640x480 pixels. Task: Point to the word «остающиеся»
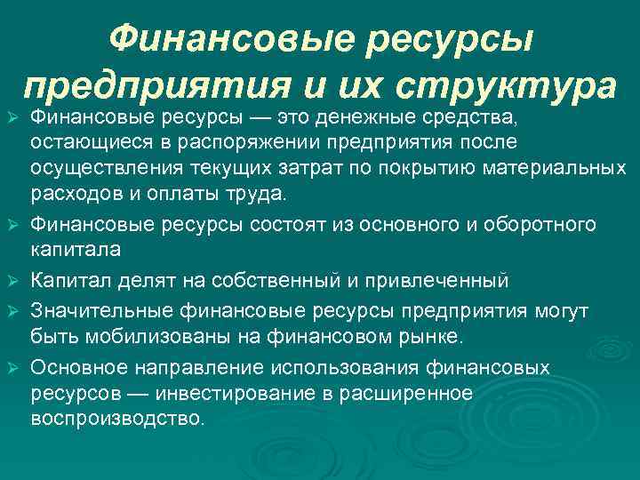tap(85, 142)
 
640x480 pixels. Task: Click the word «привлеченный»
tap(444, 282)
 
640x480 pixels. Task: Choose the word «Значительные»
tap(102, 311)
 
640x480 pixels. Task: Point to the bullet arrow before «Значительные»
tap(12, 312)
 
